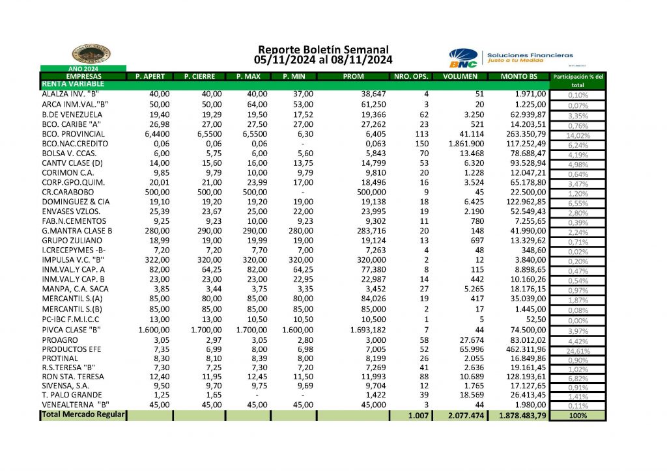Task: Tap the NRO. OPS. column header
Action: coord(411,77)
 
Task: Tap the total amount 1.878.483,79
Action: coord(522,415)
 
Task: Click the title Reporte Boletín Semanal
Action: coord(323,49)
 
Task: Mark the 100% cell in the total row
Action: coord(577,415)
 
